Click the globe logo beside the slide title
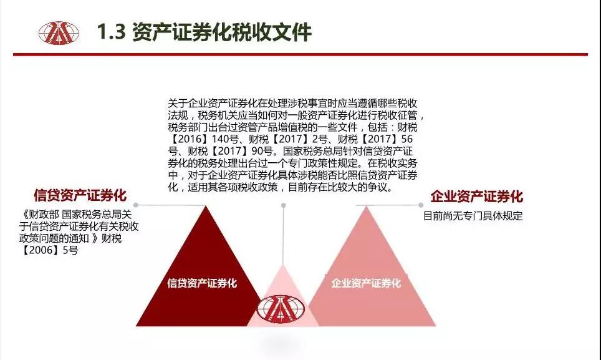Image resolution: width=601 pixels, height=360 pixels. [x=59, y=33]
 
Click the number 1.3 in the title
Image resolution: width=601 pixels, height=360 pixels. [x=111, y=32]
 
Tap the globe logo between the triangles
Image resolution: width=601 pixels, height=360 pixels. [x=281, y=308]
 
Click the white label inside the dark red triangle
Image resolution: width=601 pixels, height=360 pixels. [x=202, y=283]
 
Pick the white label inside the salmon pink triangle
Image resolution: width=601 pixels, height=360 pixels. [x=366, y=283]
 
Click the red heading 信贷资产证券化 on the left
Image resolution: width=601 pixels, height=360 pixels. [x=80, y=195]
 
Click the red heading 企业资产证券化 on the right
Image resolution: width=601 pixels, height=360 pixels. [x=477, y=197]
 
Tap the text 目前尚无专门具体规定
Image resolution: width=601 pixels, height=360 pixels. [x=473, y=215]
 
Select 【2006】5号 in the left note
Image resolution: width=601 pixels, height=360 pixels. [x=49, y=250]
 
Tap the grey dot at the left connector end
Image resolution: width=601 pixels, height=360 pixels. [x=135, y=205]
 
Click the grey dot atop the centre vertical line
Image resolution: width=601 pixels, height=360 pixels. [x=283, y=205]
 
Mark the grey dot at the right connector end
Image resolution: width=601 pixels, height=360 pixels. [x=421, y=205]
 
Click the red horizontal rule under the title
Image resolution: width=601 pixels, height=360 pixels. [x=300, y=54]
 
